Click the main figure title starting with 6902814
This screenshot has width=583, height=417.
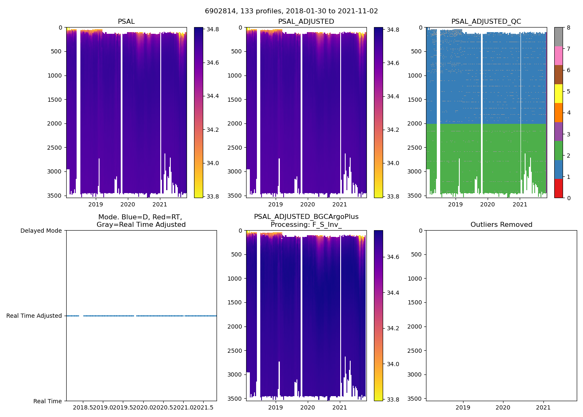[291, 11]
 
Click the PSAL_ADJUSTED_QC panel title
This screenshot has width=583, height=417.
[486, 22]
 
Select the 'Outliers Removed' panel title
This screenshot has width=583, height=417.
[501, 225]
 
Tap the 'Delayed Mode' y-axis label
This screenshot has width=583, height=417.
[41, 231]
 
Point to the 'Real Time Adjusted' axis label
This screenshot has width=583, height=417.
[34, 316]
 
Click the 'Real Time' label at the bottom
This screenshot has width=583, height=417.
[47, 401]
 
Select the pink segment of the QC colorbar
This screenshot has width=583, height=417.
[558, 55]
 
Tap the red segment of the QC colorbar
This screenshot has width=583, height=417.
[558, 188]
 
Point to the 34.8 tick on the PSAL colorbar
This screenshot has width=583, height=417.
[213, 30]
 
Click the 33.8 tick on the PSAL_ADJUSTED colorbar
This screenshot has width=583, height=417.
[393, 196]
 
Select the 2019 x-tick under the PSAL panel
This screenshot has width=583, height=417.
[95, 204]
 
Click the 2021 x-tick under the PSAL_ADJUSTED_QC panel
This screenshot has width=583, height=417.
[520, 204]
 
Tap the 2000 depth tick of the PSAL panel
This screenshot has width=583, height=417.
[55, 123]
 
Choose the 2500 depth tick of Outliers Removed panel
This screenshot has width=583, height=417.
[414, 351]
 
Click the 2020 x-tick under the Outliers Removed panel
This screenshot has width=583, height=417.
[503, 407]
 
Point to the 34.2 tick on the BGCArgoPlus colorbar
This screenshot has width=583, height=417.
[393, 328]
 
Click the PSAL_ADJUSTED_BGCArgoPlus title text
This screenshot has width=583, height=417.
[306, 217]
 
